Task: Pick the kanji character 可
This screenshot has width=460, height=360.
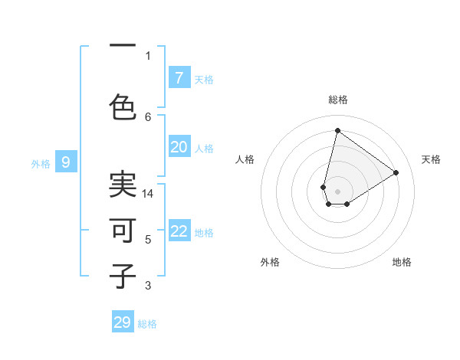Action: (x=123, y=231)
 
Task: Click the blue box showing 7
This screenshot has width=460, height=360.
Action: (x=179, y=78)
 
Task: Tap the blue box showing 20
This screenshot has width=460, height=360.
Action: (x=179, y=147)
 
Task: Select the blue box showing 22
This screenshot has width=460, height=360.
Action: (x=179, y=232)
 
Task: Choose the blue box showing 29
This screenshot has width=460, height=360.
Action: (x=123, y=322)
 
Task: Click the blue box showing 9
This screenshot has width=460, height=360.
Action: (x=66, y=162)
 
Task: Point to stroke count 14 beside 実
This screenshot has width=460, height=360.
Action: (x=148, y=194)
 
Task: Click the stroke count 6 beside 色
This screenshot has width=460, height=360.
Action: (x=148, y=116)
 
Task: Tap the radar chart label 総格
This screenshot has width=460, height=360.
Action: (x=338, y=100)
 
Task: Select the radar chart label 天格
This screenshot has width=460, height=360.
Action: (x=431, y=159)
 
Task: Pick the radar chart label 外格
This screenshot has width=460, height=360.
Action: (x=270, y=262)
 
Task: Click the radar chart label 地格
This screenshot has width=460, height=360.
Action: (x=402, y=262)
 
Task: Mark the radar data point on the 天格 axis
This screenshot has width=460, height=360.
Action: (x=396, y=172)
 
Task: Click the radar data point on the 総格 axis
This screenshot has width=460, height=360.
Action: (x=337, y=130)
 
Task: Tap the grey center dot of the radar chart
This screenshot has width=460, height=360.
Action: (x=337, y=191)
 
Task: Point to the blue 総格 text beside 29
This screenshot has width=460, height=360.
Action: (x=147, y=324)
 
